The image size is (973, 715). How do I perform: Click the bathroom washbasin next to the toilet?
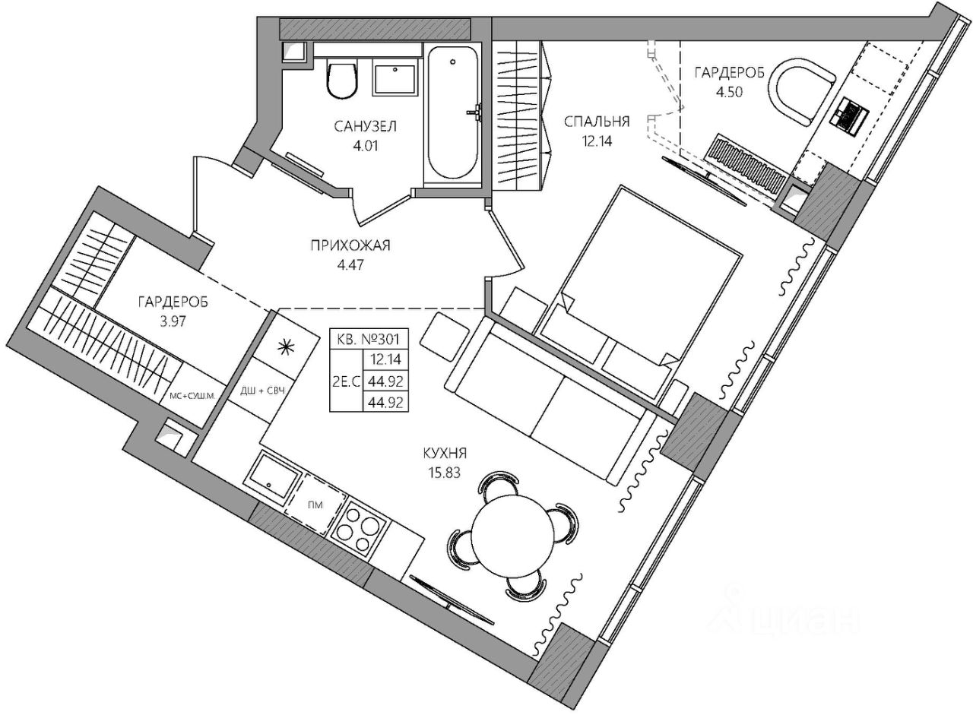pyautogui.click(x=395, y=78)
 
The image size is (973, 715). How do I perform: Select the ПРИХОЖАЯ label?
pyautogui.click(x=350, y=245)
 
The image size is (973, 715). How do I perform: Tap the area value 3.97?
pyautogui.click(x=172, y=320)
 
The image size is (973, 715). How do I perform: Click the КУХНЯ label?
pyautogui.click(x=445, y=454)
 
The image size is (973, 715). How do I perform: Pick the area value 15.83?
pyautogui.click(x=445, y=471)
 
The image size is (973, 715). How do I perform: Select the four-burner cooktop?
pyautogui.click(x=363, y=525)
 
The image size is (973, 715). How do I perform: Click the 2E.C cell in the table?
pyautogui.click(x=346, y=383)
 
